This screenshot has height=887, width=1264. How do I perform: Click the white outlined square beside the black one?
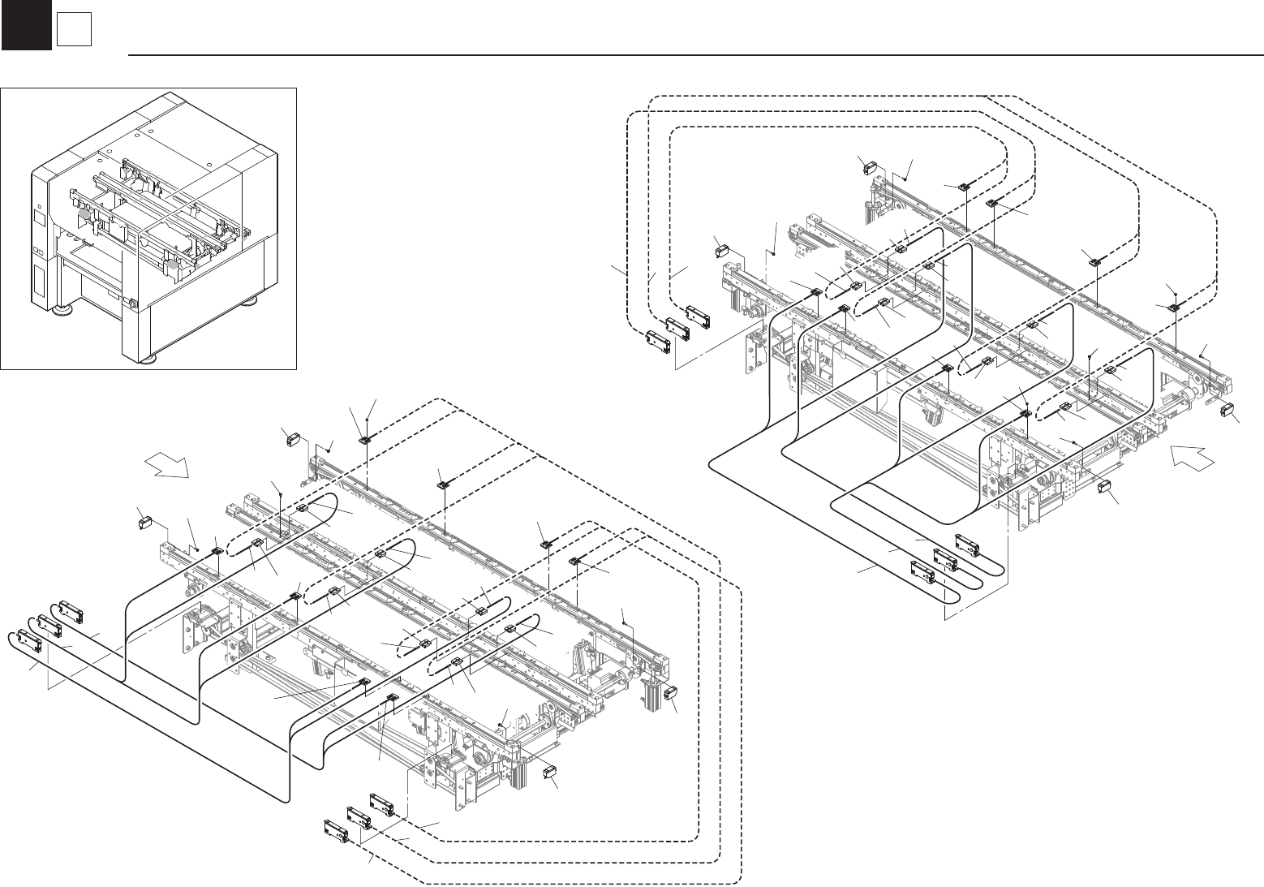pyautogui.click(x=73, y=30)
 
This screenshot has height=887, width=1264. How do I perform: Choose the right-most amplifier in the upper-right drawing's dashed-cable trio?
pyautogui.click(x=699, y=314)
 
